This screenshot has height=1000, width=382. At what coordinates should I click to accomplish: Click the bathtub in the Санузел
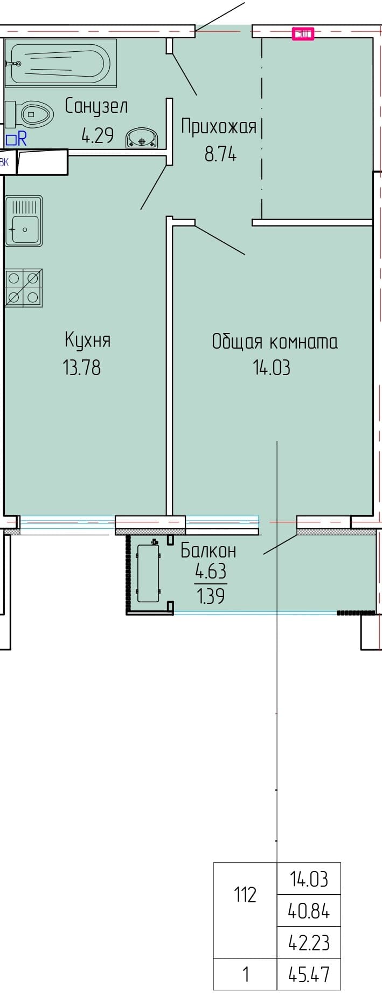(60, 63)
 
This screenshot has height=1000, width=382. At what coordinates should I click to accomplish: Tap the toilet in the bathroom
(30, 114)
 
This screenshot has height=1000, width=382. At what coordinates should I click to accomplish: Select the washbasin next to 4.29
(142, 139)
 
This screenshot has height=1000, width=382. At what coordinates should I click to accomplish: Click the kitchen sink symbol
(24, 221)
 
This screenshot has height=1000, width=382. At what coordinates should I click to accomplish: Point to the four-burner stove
(24, 288)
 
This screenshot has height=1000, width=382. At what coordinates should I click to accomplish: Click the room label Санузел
(96, 106)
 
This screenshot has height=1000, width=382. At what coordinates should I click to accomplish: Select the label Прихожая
(219, 127)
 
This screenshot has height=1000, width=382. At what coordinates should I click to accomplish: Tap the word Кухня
(87, 341)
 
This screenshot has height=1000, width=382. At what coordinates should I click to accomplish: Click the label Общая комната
(275, 342)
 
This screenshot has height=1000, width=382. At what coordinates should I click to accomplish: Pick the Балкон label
(209, 550)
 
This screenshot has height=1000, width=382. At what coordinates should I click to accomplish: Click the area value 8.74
(220, 154)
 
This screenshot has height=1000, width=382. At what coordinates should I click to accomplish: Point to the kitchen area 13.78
(82, 368)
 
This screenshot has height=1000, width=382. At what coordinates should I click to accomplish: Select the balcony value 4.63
(211, 571)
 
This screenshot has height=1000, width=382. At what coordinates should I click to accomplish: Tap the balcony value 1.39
(211, 596)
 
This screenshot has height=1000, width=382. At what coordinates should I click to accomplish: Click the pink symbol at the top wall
(303, 34)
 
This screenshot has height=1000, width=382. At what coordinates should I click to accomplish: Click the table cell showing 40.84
(309, 911)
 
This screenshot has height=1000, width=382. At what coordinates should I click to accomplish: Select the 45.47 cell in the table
(309, 975)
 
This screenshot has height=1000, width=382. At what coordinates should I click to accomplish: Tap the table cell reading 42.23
(309, 943)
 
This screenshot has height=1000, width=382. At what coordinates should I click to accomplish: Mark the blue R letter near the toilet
(22, 140)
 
